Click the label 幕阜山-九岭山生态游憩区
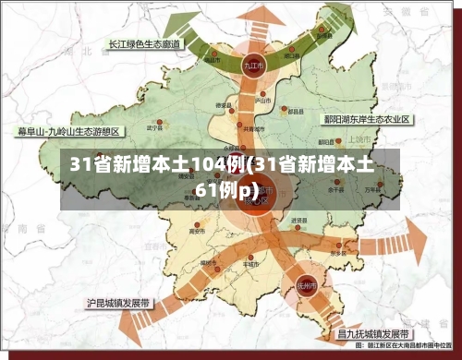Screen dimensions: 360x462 pos(68,131)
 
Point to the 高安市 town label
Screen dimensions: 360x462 pos(196,231)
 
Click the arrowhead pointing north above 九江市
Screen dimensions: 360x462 pos(255,13)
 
